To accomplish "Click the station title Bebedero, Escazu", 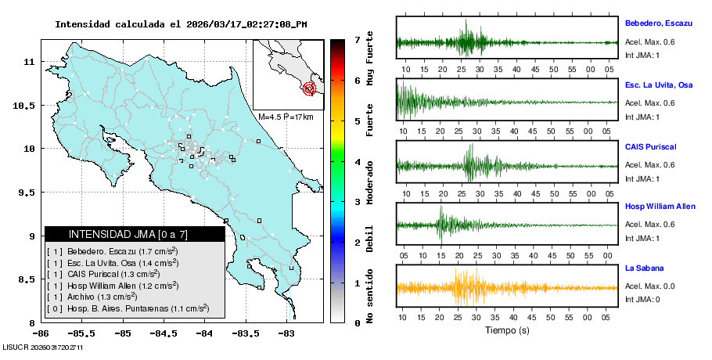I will (x=659, y=23).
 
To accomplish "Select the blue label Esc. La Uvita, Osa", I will (x=659, y=85).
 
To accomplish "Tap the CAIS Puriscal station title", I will (x=650, y=146).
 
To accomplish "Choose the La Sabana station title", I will (x=644, y=268).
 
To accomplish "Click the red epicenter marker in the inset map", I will (x=311, y=88).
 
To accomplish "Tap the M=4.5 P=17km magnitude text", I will (x=285, y=117).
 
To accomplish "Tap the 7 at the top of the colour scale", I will (x=356, y=39).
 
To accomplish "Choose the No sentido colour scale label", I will (x=371, y=297).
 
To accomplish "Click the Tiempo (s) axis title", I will (x=507, y=329).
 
